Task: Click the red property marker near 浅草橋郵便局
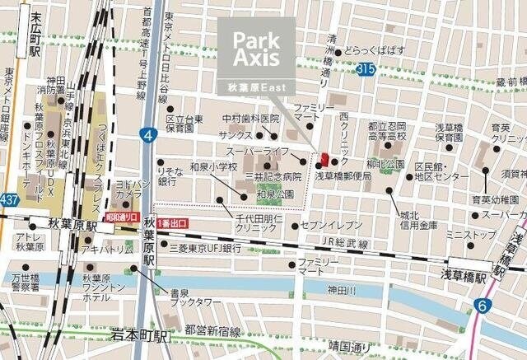[x=324, y=160]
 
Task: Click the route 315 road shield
[x=366, y=72]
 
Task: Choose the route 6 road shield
[x=480, y=306]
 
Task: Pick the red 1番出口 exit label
[x=172, y=223]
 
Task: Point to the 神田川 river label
[x=341, y=290]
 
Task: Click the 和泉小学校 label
[x=213, y=166]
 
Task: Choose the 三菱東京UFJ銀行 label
[x=205, y=247]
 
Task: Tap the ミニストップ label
[x=470, y=235]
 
